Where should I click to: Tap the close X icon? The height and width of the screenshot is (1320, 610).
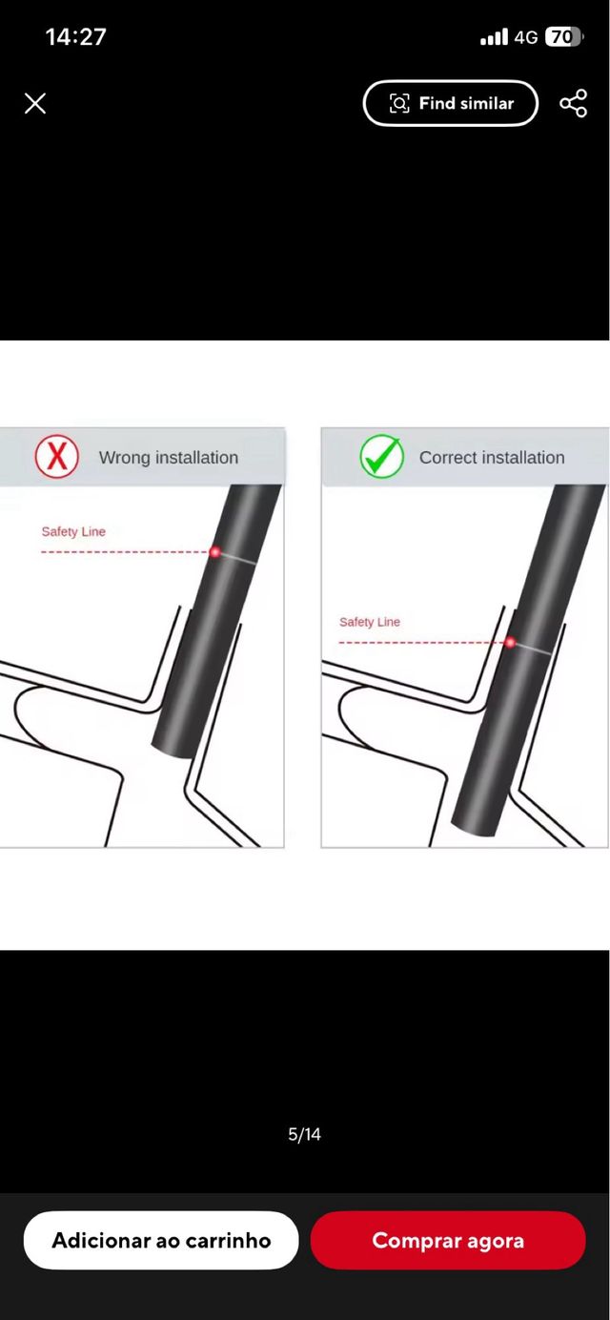click(35, 103)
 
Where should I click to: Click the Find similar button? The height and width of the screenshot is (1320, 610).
click(451, 103)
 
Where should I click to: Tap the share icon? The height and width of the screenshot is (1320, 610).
click(574, 103)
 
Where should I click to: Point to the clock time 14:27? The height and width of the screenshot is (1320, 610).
click(76, 36)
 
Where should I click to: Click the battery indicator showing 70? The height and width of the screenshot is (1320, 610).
click(563, 36)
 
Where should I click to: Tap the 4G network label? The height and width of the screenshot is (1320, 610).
click(526, 37)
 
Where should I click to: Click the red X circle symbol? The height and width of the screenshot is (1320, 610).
click(56, 456)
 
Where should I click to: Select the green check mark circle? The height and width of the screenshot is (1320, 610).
click(382, 456)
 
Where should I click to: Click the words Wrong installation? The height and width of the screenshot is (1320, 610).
click(169, 457)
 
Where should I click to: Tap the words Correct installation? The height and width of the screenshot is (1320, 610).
click(492, 457)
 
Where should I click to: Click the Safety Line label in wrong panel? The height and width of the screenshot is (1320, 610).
click(73, 531)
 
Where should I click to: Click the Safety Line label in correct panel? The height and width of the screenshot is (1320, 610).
click(370, 622)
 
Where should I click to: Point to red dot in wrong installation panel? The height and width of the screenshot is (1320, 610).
click(214, 552)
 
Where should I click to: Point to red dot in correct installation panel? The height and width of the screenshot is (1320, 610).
click(511, 642)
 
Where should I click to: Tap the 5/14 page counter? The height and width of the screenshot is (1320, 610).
click(304, 1134)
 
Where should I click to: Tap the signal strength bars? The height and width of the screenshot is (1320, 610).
click(494, 36)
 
